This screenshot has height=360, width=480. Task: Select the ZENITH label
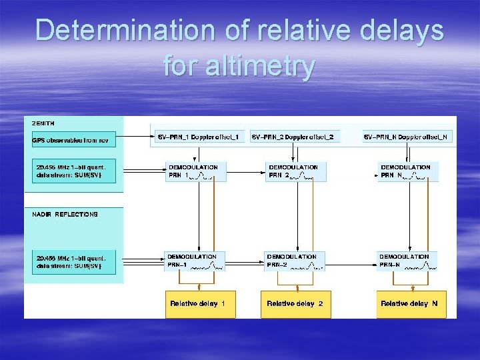pyautogui.click(x=43, y=123)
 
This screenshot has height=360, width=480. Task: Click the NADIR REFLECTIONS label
pyautogui.click(x=65, y=214)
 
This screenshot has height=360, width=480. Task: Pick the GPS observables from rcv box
pyautogui.click(x=74, y=140)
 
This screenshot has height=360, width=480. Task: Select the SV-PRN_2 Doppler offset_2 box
pyautogui.click(x=295, y=137)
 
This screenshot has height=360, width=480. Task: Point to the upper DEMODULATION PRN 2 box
pyautogui.click(x=296, y=171)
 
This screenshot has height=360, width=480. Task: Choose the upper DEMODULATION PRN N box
pyautogui.click(x=407, y=171)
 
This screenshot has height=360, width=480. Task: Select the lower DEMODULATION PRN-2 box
pyautogui.click(x=296, y=261)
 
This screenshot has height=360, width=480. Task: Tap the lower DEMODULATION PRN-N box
pyautogui.click(x=407, y=261)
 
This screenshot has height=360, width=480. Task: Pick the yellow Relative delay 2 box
pyautogui.click(x=295, y=303)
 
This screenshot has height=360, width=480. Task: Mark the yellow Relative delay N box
pyautogui.click(x=409, y=303)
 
